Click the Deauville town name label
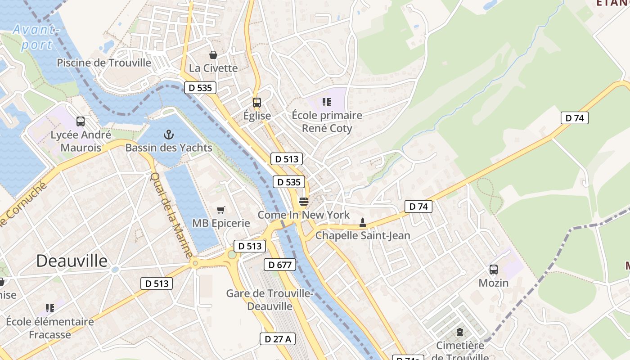(72, 261)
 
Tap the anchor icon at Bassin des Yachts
(169, 134)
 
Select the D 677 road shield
(280, 265)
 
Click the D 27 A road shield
(277, 339)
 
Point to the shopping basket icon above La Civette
(213, 55)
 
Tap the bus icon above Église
(256, 103)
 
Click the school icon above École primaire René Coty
(327, 102)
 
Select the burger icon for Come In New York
(304, 202)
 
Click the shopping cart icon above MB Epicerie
(221, 210)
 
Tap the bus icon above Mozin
(494, 270)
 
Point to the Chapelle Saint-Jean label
(363, 235)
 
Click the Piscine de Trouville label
(104, 63)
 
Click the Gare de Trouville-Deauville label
(270, 300)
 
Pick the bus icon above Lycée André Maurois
(81, 121)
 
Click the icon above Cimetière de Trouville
(459, 332)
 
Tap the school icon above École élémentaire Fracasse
(50, 308)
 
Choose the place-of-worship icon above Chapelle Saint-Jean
(362, 222)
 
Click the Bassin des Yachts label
(169, 148)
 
